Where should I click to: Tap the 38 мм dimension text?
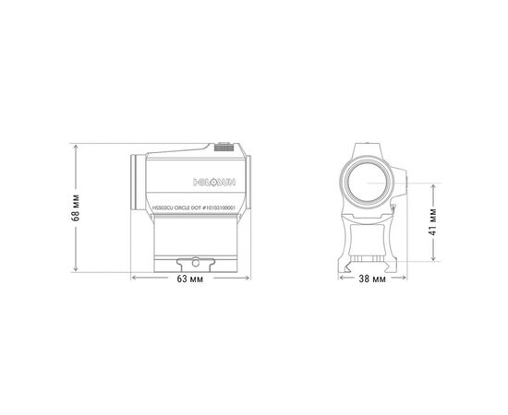(x=373, y=279)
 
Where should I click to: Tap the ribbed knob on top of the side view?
(x=224, y=146)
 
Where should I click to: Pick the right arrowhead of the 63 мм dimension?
(x=248, y=279)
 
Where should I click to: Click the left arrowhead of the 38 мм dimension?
(x=339, y=279)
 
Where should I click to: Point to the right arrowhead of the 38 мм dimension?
(x=407, y=279)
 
